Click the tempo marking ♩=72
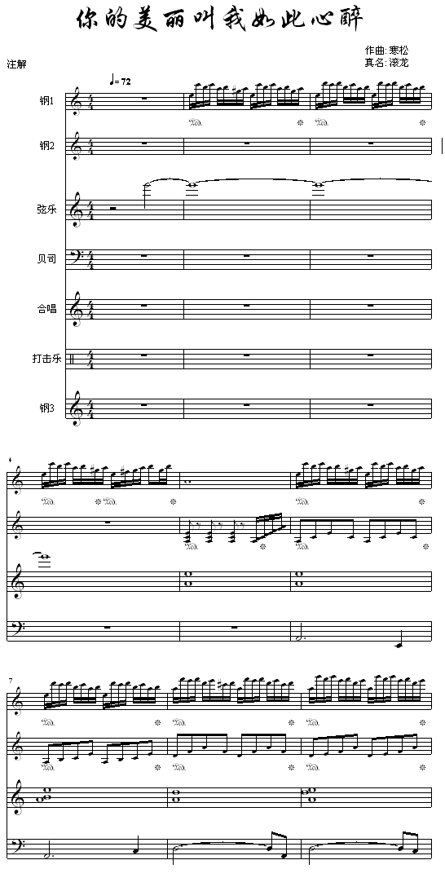point(120,81)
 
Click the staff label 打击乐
point(46,359)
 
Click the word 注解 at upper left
point(16,64)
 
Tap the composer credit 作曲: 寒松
point(386,51)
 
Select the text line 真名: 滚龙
point(386,63)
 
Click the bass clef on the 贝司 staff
point(74,258)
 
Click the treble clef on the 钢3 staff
point(74,408)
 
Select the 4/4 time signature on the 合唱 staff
point(89,309)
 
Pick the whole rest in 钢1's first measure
point(145,99)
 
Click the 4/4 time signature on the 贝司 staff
point(89,259)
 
